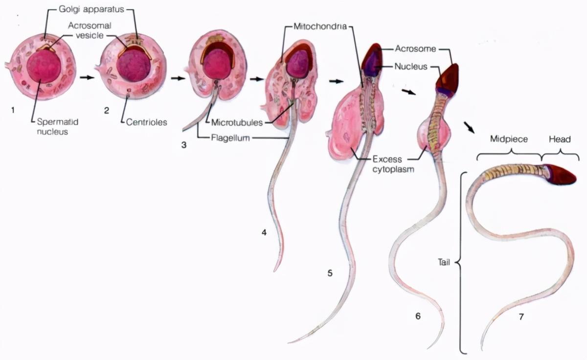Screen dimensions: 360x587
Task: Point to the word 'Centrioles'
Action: tap(147, 122)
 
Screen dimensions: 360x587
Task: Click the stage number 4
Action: tap(264, 233)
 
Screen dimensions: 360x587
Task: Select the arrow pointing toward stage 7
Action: tap(469, 128)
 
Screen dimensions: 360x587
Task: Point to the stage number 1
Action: tap(13, 110)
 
